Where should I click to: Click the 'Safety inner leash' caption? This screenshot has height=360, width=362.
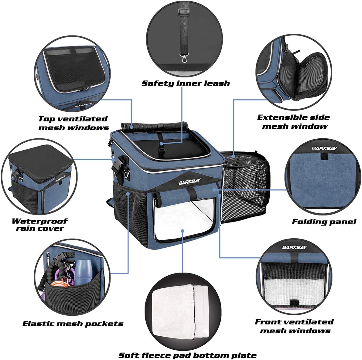tap(186, 83)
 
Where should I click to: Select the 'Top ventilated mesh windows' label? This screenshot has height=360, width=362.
tap(73, 123)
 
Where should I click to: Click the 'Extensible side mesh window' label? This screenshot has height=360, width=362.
tap(293, 122)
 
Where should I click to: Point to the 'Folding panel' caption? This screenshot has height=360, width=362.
tap(324, 222)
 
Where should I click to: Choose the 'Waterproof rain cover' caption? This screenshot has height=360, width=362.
tap(39, 225)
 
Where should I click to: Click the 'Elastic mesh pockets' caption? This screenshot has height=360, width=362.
tap(73, 324)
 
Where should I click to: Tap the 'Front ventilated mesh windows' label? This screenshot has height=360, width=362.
tap(294, 326)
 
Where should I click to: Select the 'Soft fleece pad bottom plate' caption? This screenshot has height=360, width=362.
tap(187, 355)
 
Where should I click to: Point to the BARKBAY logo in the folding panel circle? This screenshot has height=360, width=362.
tap(322, 148)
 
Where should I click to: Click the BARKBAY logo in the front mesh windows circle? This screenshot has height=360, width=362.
tap(294, 247)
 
